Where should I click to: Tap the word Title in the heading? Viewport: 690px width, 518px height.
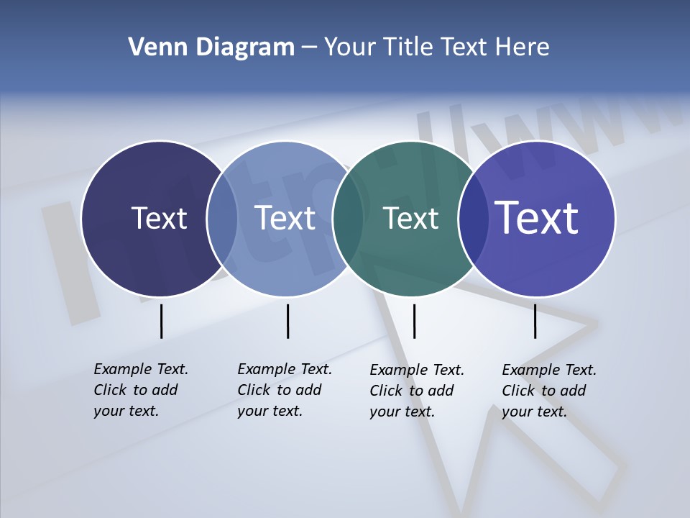[408, 47]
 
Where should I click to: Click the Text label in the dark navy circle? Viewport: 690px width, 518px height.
[159, 218]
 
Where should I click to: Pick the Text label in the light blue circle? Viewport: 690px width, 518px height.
[285, 218]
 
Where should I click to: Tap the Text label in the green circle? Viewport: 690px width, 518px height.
[410, 218]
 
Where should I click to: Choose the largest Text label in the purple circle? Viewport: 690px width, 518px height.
[537, 217]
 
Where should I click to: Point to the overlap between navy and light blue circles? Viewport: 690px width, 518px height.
[222, 218]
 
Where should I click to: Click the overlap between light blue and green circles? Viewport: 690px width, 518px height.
[348, 218]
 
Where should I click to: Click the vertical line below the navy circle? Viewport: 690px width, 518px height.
[161, 321]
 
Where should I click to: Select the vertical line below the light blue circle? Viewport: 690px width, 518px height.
[287, 321]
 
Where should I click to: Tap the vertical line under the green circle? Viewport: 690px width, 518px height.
[414, 321]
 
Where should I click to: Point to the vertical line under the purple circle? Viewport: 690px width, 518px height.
[535, 321]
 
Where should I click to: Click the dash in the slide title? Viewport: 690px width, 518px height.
[308, 48]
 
